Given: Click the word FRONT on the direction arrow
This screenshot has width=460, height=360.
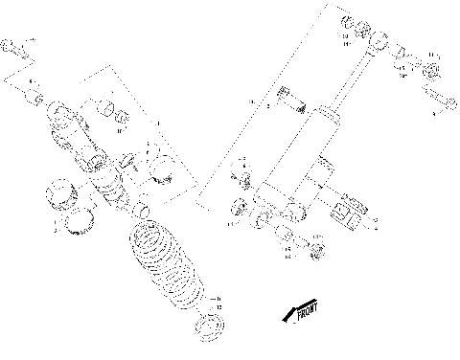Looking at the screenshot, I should tap(305, 313).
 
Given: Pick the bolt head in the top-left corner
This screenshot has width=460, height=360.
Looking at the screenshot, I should tap(9, 45).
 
